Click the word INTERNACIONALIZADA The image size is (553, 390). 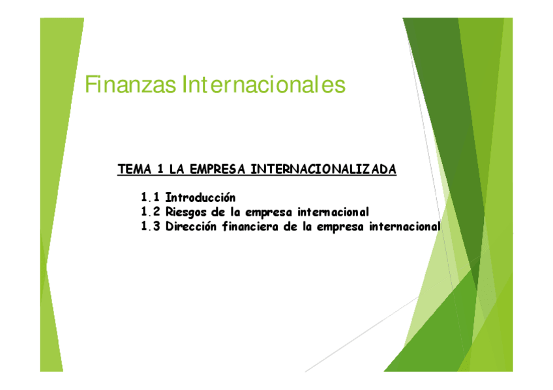tap(323, 170)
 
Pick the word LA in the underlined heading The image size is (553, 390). tap(176, 170)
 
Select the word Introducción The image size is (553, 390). tap(200, 197)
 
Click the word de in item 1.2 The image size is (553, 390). tap(218, 212)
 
